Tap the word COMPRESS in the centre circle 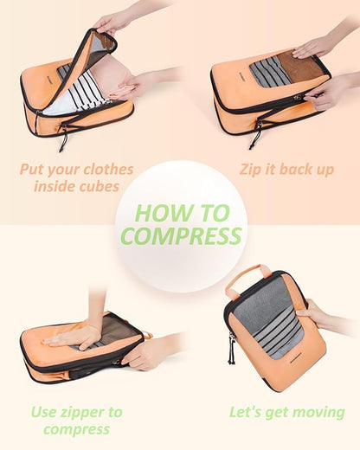181,235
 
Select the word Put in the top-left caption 34,169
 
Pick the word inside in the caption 54,186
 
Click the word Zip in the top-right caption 252,169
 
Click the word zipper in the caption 95,411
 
